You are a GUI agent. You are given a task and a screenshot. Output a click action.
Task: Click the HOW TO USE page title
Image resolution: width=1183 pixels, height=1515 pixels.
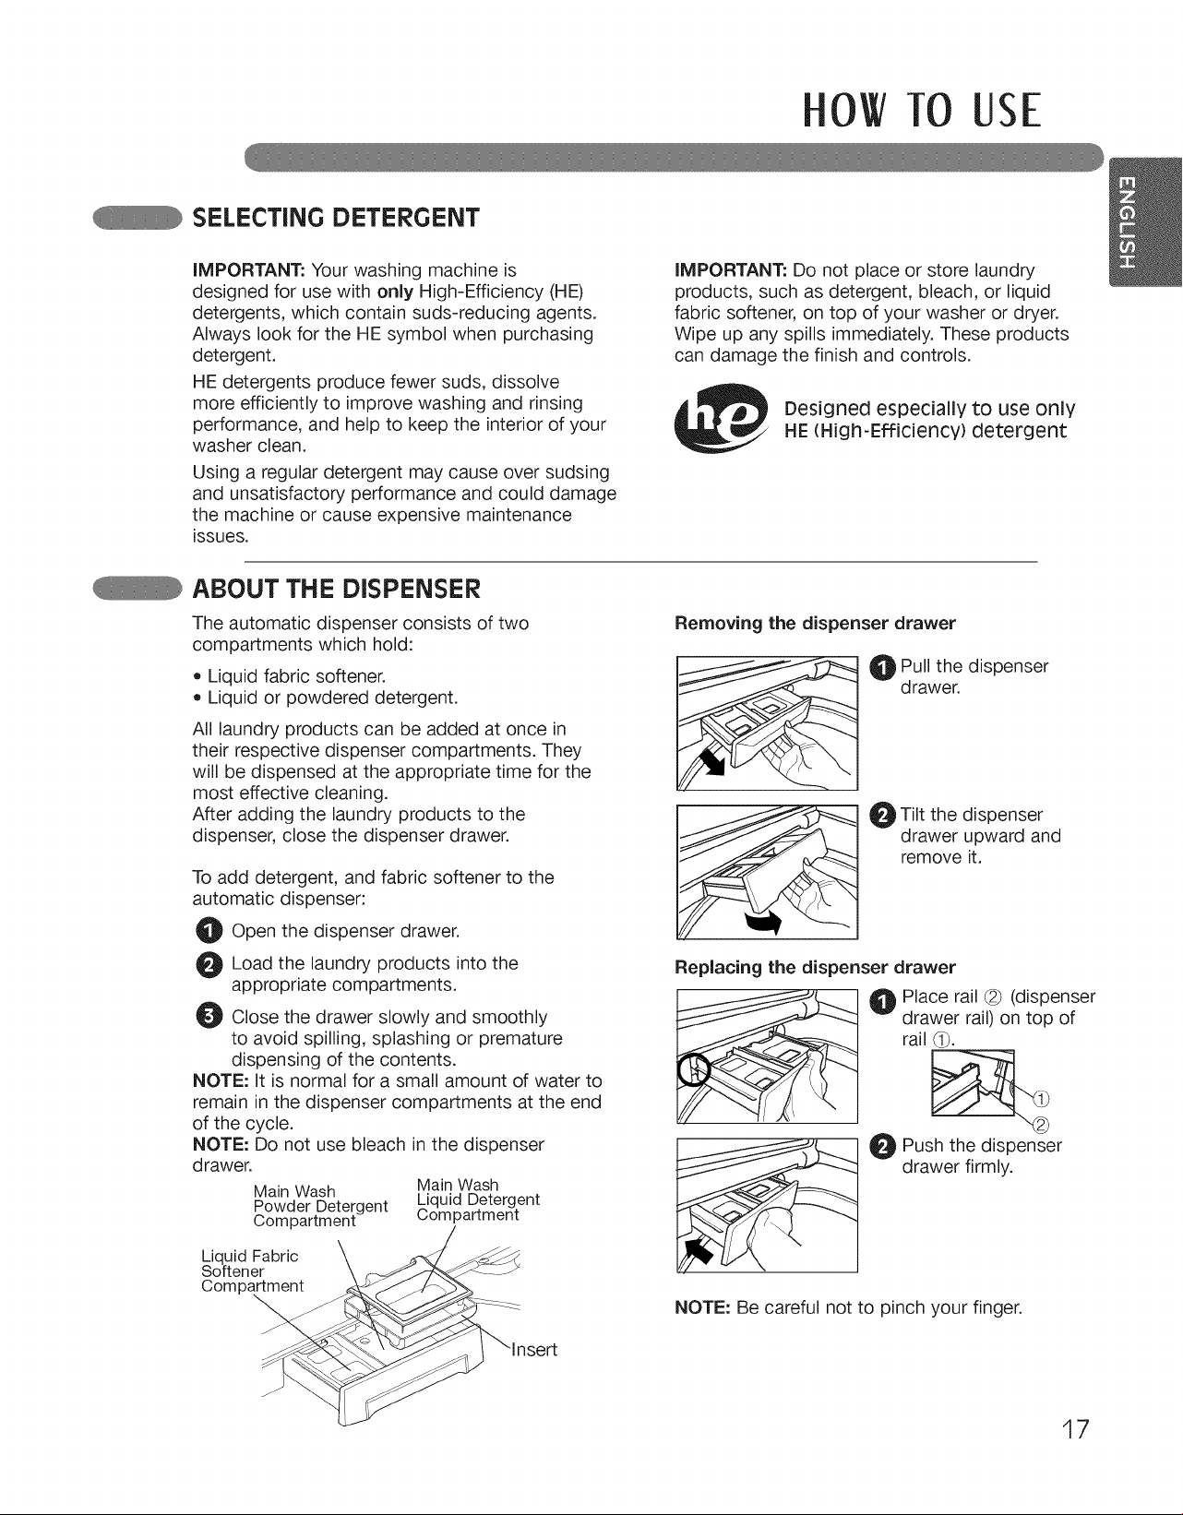pos(922,110)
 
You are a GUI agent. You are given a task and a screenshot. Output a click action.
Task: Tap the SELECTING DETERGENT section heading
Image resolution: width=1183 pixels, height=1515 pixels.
pos(336,218)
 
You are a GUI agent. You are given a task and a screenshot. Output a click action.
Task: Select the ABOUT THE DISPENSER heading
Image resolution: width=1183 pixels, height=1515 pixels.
pos(336,589)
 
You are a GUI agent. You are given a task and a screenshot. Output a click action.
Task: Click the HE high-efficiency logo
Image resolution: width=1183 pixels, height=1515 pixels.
pos(721,417)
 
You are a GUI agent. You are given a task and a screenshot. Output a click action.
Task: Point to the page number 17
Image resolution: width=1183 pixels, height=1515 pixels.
pos(1074,1429)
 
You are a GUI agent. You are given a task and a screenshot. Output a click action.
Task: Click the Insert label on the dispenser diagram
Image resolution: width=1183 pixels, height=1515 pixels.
pos(534,1350)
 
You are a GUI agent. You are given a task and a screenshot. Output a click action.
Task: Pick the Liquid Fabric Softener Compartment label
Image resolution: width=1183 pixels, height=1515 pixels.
pos(252,1270)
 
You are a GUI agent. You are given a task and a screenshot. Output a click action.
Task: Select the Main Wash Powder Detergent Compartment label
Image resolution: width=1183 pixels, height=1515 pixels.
pos(320,1205)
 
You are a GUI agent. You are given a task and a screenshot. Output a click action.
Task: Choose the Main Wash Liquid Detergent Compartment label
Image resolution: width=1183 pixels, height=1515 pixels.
pos(477,1199)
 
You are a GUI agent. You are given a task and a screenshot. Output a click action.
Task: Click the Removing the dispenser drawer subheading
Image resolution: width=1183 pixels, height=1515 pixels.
pos(814,624)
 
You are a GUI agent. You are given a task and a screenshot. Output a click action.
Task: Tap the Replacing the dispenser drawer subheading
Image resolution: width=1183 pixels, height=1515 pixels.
pos(814,967)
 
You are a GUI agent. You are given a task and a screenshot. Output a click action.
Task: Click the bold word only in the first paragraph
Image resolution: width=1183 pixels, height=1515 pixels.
pos(395,292)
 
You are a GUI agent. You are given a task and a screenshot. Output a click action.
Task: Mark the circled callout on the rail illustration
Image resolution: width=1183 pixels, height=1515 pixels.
pos(694,1068)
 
